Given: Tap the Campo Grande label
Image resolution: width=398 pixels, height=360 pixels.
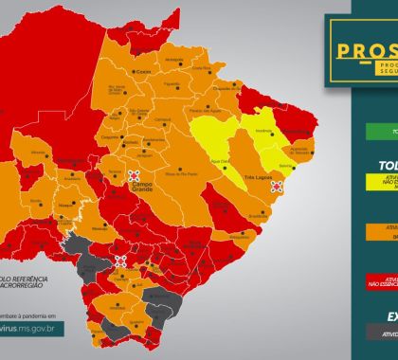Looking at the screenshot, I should [x=143, y=192].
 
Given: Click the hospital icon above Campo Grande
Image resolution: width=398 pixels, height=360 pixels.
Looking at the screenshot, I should [x=135, y=175].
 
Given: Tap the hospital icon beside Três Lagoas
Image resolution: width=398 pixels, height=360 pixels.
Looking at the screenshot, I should [x=278, y=188].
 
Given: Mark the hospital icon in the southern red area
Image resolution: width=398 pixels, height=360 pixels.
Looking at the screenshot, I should [x=121, y=258].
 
